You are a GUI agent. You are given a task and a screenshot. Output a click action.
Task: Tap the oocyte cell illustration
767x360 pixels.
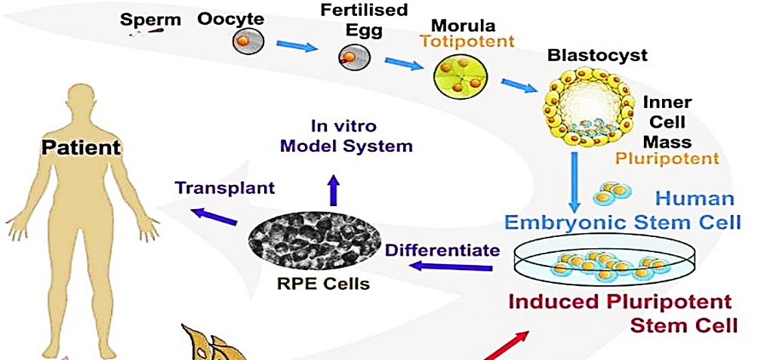coord(245,41)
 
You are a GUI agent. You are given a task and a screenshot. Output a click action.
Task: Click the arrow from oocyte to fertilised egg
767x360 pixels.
coord(297,48)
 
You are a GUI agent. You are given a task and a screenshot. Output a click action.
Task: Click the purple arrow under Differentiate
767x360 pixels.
coord(456,266)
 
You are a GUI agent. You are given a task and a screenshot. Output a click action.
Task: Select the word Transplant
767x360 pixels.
coord(224,187)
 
